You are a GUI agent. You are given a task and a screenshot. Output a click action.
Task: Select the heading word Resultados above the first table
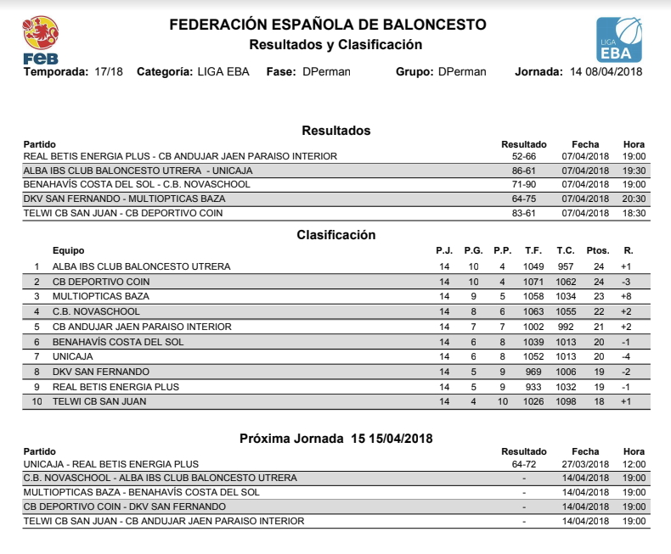tap(336, 131)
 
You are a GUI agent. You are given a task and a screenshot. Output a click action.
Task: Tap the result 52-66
tap(523, 156)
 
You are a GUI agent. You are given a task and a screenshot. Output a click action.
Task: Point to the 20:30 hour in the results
tap(634, 199)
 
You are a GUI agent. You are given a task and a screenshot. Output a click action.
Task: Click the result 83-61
tap(523, 213)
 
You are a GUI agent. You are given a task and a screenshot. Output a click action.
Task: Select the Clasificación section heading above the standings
tap(335, 235)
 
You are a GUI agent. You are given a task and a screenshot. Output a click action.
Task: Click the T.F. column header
tap(533, 250)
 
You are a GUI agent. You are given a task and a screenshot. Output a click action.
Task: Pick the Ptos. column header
tap(598, 250)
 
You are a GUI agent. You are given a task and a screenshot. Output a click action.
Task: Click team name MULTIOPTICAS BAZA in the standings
tap(100, 296)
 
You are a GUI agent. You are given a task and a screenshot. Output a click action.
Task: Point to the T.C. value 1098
tap(566, 401)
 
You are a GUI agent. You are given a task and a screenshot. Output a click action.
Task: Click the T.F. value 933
tap(533, 386)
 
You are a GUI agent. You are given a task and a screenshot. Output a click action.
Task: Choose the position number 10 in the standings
tap(37, 401)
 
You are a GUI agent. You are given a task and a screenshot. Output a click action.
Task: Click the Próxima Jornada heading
tap(336, 438)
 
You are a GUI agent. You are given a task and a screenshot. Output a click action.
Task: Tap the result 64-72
tap(523, 464)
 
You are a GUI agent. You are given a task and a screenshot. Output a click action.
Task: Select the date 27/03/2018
tap(585, 464)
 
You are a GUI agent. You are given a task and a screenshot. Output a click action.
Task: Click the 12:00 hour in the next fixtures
tap(634, 464)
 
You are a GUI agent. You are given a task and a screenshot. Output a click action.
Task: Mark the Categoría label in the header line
tap(165, 72)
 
